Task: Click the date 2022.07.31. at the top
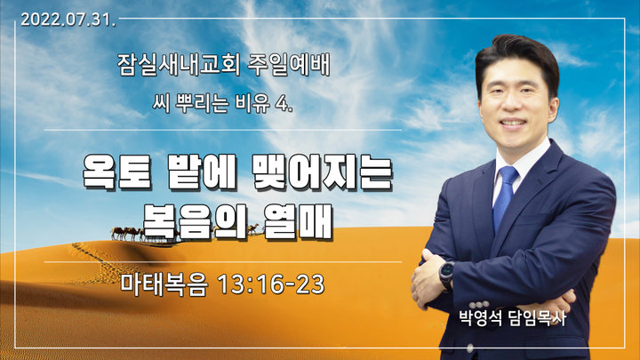(x=68, y=20)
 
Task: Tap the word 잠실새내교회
(x=179, y=65)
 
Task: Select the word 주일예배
(x=289, y=65)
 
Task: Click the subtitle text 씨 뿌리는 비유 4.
(x=223, y=104)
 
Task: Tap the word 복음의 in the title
(x=195, y=221)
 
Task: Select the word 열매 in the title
(x=298, y=221)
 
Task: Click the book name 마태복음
(x=164, y=284)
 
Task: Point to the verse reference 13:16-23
(x=271, y=284)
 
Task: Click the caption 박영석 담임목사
(x=513, y=318)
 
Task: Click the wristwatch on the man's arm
(x=446, y=276)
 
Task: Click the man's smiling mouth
(x=513, y=123)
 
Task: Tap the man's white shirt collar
(x=520, y=164)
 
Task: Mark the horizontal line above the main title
(x=223, y=130)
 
